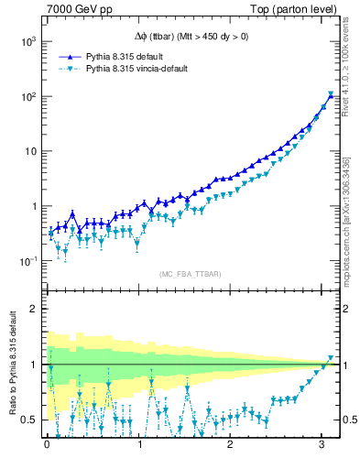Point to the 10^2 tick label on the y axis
tap(27, 96)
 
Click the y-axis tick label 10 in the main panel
tap(29, 151)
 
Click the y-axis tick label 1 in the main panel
tap(33, 206)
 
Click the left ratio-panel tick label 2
tap(33, 309)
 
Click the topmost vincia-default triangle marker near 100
tap(331, 93)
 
